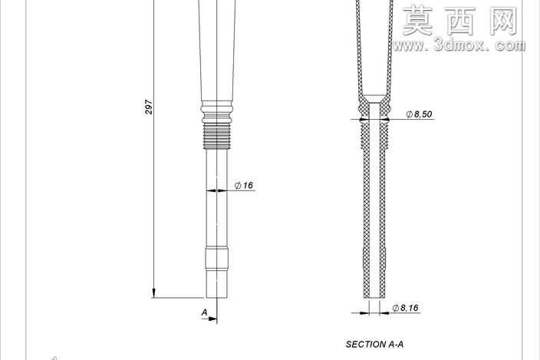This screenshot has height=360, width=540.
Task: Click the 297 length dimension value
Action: coord(149,107)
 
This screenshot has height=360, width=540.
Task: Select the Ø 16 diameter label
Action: coord(244,185)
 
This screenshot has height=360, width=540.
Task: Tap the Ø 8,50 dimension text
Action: coord(419,114)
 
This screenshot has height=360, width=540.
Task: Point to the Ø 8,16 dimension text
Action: coord(405,308)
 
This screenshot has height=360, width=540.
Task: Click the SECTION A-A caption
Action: coord(374,344)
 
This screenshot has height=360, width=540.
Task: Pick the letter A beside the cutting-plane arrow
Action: coord(205,312)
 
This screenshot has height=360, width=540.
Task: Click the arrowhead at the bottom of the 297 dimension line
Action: coord(153,292)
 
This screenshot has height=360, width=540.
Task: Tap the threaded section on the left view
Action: coord(217,136)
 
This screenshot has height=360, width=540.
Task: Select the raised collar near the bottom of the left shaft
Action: coord(217,259)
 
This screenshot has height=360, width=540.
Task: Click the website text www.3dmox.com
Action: coord(459,45)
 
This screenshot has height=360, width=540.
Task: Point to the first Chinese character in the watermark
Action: coord(418,21)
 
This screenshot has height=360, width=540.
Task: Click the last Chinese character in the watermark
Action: coord(504,21)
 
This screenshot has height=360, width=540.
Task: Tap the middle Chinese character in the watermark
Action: coord(461,21)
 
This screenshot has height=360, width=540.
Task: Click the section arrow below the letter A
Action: coord(209,319)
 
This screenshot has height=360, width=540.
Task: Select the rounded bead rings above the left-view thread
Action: coord(217,112)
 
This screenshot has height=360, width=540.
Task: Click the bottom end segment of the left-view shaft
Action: coord(217,285)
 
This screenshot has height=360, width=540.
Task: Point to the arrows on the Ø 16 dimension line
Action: coord(217,190)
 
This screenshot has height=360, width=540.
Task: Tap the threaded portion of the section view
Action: coord(374,136)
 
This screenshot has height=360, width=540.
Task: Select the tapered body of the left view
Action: coord(217,51)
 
